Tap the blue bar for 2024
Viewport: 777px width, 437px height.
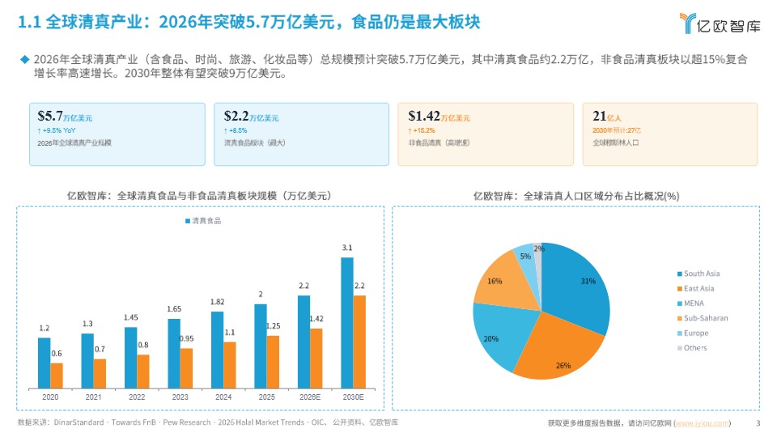(217, 349)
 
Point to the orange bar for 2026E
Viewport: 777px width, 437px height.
(316, 357)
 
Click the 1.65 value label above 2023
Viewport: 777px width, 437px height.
(175, 309)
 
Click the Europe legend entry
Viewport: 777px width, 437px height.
(695, 333)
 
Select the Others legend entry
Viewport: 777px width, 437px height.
(694, 348)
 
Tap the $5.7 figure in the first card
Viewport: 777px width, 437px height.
(50, 116)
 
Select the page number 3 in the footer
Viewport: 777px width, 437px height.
(758, 423)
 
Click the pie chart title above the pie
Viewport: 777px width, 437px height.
(575, 196)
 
